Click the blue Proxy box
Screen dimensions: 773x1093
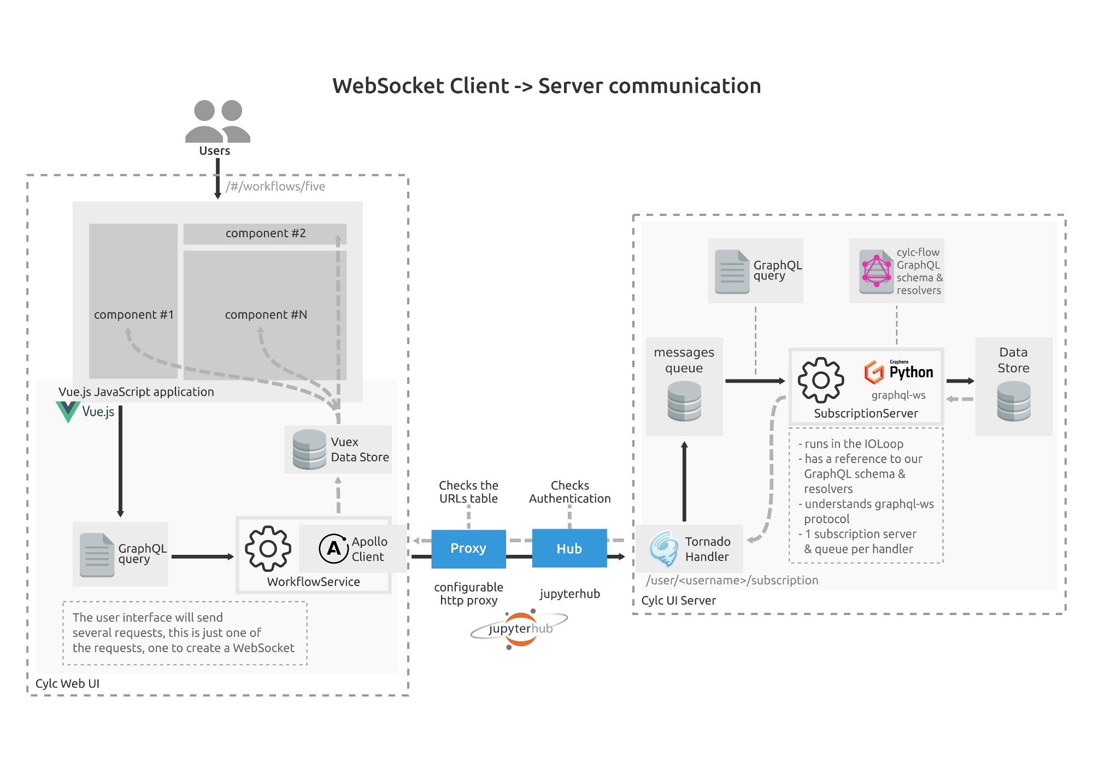tap(468, 548)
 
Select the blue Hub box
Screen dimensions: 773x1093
tap(569, 548)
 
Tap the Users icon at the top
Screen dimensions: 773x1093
tap(218, 121)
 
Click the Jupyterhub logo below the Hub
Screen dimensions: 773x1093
tap(519, 629)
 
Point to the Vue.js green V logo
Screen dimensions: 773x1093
tap(68, 412)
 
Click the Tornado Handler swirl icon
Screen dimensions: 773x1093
tap(664, 548)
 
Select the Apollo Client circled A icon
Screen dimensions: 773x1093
tap(333, 548)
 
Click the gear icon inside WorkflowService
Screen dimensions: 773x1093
tap(268, 548)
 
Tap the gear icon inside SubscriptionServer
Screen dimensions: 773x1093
tap(821, 380)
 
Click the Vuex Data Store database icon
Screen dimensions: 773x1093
tap(309, 449)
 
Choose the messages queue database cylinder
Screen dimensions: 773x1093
tap(684, 401)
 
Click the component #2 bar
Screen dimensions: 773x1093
tap(265, 233)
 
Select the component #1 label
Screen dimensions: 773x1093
tap(134, 315)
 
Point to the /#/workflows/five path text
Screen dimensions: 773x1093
tap(275, 186)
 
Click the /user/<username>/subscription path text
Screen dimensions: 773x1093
tap(732, 581)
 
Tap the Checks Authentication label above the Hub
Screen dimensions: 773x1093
tap(569, 492)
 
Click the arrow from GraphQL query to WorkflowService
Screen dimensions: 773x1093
tap(202, 557)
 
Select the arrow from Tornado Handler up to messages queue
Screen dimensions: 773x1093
tap(684, 481)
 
